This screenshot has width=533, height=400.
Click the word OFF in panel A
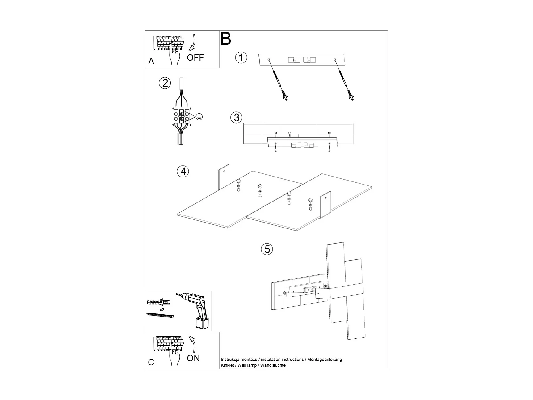click(x=195, y=57)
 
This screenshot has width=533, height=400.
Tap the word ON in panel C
click(x=193, y=358)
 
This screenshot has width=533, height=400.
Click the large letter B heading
click(x=226, y=39)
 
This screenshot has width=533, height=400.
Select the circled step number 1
click(x=241, y=58)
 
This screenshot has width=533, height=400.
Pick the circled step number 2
click(x=165, y=83)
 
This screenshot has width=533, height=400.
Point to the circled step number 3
click(x=237, y=117)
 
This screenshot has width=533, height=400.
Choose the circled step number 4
click(x=183, y=171)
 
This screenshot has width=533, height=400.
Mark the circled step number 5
click(x=267, y=249)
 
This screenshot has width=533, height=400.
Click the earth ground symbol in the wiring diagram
click(x=199, y=117)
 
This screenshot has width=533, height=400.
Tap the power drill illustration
click(x=195, y=309)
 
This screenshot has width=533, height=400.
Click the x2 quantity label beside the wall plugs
click(x=162, y=309)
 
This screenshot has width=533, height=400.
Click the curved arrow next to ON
click(x=193, y=344)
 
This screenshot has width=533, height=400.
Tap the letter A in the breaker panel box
click(x=151, y=61)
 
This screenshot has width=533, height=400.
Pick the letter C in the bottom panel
click(x=151, y=362)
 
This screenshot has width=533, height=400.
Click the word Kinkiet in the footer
click(x=227, y=365)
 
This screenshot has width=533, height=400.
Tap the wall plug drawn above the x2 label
click(x=159, y=302)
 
